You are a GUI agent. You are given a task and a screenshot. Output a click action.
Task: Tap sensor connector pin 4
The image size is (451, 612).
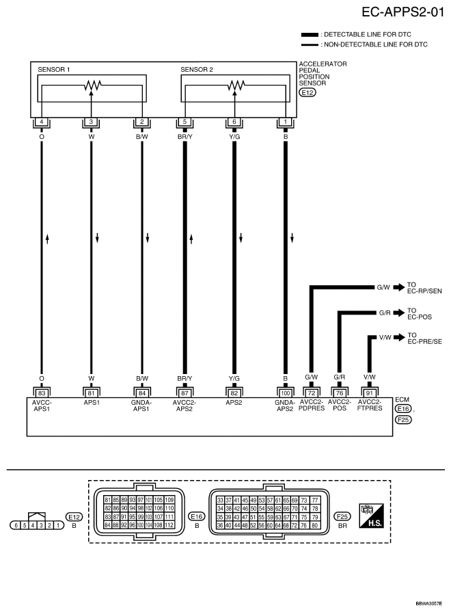pyautogui.click(x=42, y=122)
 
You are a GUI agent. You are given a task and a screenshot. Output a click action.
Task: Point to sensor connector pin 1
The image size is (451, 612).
pyautogui.click(x=285, y=122)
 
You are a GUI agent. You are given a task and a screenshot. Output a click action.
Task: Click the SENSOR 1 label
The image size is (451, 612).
pyautogui.click(x=54, y=70)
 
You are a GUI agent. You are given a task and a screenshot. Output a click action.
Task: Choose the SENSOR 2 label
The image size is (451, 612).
pyautogui.click(x=197, y=70)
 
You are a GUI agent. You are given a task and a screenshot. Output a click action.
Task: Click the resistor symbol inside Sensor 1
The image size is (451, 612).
pyautogui.click(x=92, y=85)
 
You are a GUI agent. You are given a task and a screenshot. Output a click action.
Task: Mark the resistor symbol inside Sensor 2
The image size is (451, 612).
pyautogui.click(x=234, y=85)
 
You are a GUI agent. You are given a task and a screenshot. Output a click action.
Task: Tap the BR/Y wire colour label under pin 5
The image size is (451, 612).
pyautogui.click(x=185, y=135)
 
